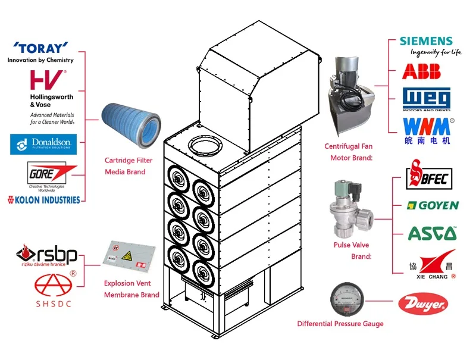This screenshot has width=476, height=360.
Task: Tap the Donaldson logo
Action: click(x=43, y=143)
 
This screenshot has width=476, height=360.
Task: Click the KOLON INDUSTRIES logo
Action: click(x=43, y=199)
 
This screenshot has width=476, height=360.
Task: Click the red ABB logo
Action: click(x=421, y=71)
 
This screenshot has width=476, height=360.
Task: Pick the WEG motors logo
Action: click(x=426, y=99)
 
